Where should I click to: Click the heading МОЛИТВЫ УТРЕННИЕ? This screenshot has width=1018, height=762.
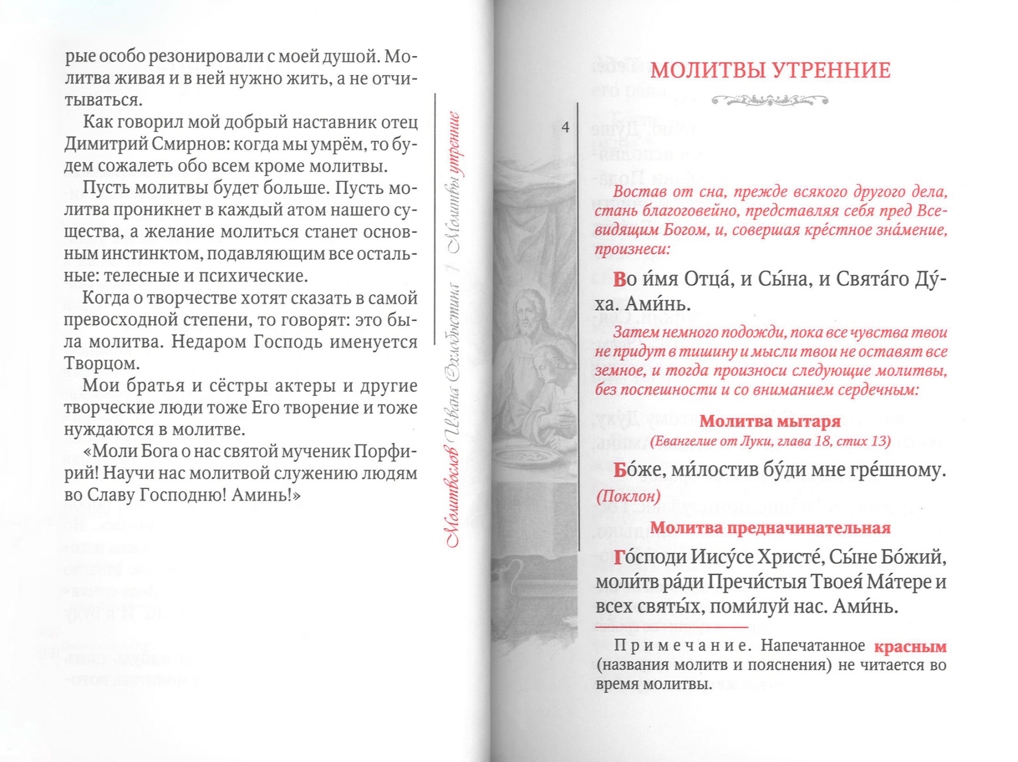click(770, 71)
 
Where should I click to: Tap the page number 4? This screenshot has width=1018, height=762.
click(565, 127)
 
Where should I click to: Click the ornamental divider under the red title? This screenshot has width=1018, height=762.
click(770, 100)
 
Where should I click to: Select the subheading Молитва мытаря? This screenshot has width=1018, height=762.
click(770, 421)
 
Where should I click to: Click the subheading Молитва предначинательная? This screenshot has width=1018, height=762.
click(770, 528)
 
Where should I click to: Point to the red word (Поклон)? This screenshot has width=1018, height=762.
click(628, 496)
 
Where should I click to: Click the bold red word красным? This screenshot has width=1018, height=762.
click(910, 646)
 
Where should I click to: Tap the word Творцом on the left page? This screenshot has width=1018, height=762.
click(95, 364)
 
